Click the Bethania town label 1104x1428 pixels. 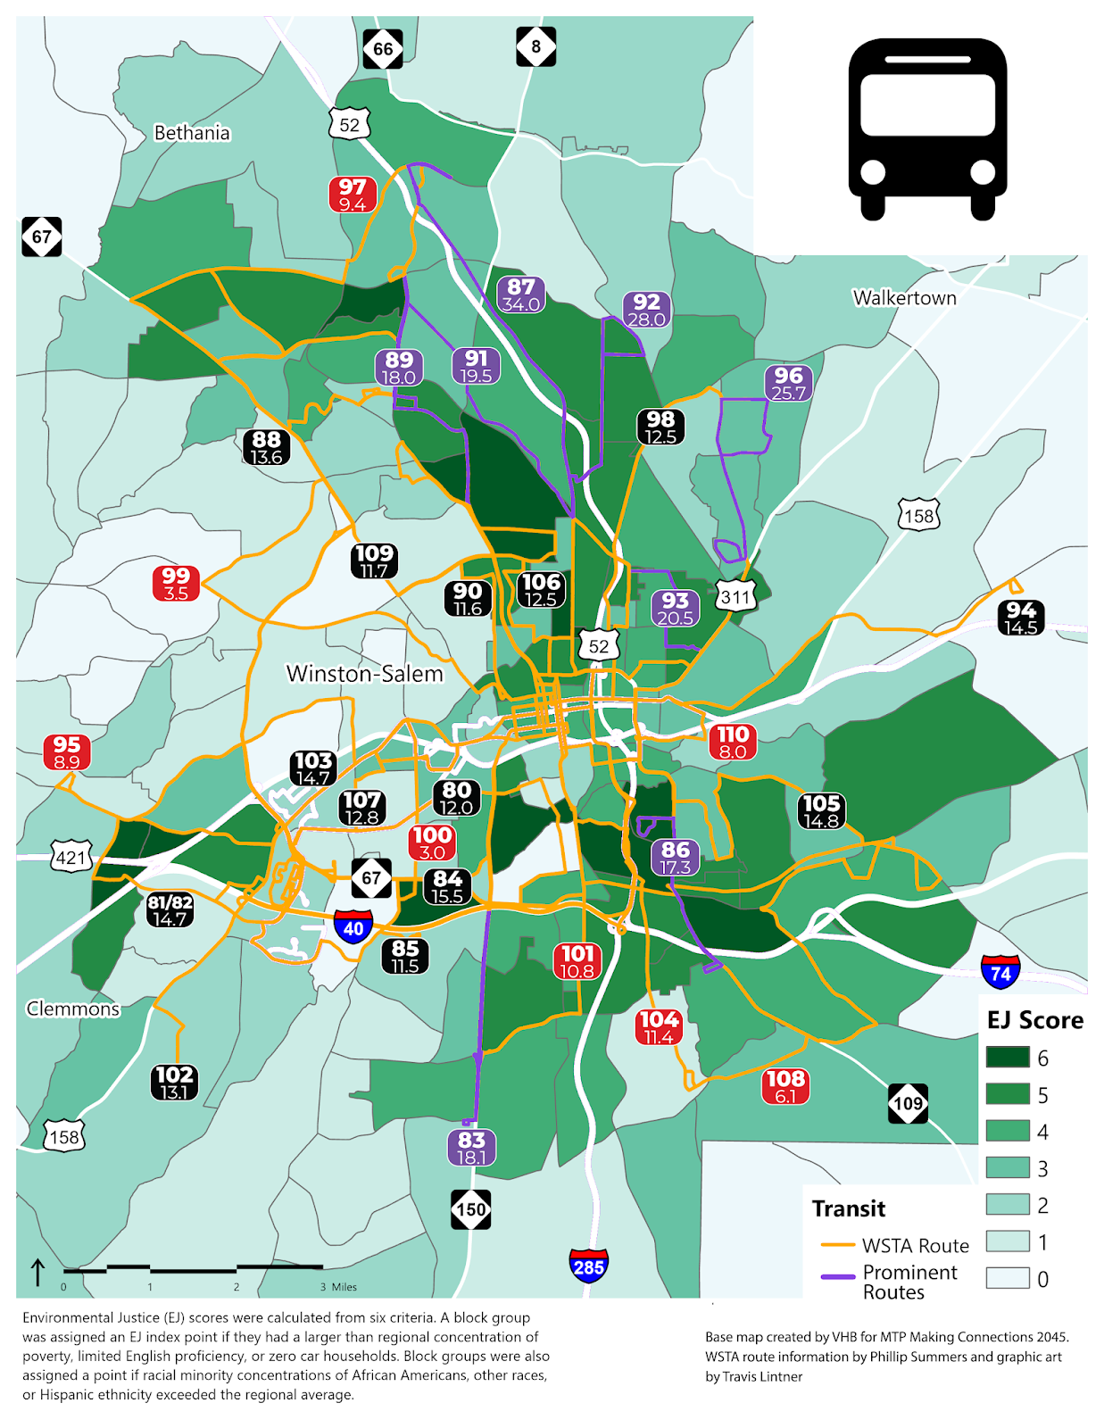click(192, 133)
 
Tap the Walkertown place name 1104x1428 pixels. click(904, 298)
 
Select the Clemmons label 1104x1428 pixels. click(72, 1009)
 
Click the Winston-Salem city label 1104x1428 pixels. click(364, 674)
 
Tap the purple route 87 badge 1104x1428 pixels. click(521, 295)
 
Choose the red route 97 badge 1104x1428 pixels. click(353, 195)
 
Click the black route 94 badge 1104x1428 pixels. click(1021, 618)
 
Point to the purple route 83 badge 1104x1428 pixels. click(471, 1147)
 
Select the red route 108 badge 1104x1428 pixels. click(785, 1086)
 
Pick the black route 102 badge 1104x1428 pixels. click(174, 1083)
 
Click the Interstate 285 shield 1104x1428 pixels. click(589, 1266)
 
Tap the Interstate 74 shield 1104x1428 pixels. click(1000, 972)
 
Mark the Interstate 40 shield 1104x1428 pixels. click(353, 927)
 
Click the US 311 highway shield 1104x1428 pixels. click(735, 596)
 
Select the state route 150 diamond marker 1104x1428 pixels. click(471, 1210)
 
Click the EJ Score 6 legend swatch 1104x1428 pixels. click(1008, 1058)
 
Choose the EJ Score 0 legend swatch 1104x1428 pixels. click(1008, 1278)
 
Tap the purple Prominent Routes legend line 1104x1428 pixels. click(838, 1277)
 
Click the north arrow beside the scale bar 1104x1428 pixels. click(38, 1272)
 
